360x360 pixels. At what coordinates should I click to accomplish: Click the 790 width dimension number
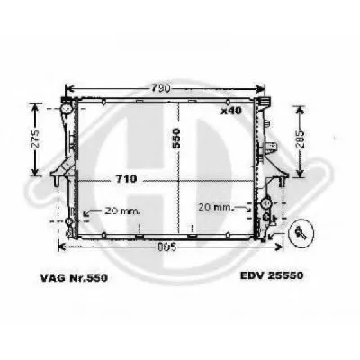point(162,88)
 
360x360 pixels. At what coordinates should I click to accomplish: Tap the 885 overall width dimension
point(166,247)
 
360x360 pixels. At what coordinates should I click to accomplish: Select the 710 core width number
point(126,179)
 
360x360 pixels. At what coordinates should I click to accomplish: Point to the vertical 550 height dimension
point(176,139)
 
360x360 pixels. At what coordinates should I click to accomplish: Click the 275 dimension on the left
point(36,139)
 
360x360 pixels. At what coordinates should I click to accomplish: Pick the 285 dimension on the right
point(300,139)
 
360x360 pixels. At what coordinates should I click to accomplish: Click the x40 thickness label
point(231,111)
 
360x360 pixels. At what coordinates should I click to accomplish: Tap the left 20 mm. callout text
point(122,211)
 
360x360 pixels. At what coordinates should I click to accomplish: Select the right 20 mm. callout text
point(215,207)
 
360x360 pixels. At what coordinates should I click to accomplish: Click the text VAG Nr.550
point(74,278)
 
